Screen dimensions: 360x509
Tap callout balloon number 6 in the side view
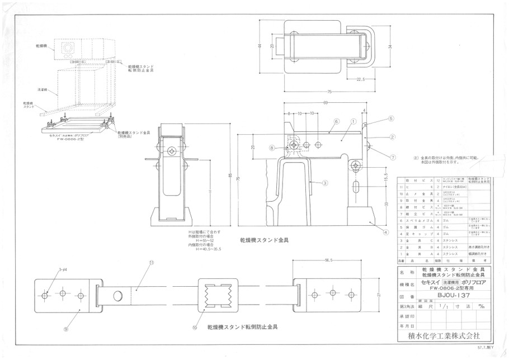(x=337, y=121)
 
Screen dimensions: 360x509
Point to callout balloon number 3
(x=325, y=182)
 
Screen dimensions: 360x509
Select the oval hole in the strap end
(x=119, y=295)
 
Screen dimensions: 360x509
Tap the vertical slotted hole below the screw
(x=356, y=186)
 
